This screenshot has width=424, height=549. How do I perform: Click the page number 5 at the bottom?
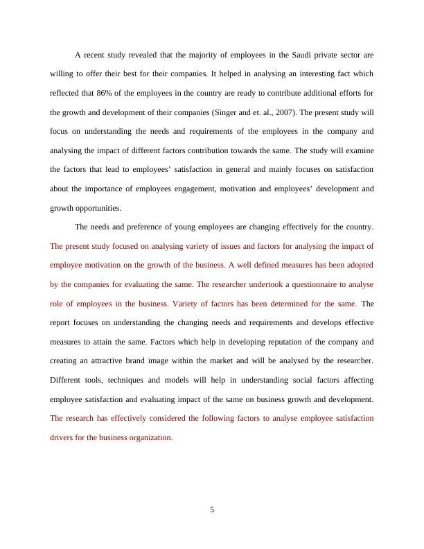(x=212, y=509)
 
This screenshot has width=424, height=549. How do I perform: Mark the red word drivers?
(x=63, y=437)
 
